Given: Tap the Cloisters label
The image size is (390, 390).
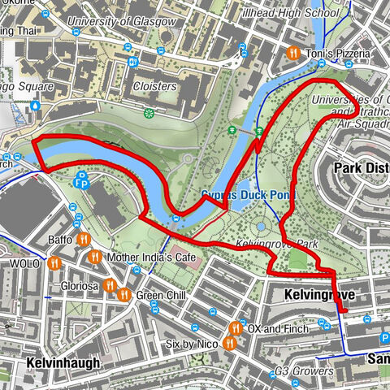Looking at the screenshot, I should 154,85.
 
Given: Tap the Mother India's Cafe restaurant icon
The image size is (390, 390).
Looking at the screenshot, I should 95,258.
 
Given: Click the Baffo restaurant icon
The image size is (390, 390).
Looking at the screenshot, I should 83,240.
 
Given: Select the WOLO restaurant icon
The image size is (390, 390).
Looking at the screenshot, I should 54,264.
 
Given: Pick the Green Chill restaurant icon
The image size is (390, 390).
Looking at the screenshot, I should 124,295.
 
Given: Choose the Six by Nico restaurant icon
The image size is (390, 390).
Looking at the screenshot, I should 230,344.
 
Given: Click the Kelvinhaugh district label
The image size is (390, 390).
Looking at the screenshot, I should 63,362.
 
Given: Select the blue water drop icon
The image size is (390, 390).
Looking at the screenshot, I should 36,104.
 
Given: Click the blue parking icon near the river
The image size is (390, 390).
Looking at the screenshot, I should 81,183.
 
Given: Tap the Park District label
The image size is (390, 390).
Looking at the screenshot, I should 362,167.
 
